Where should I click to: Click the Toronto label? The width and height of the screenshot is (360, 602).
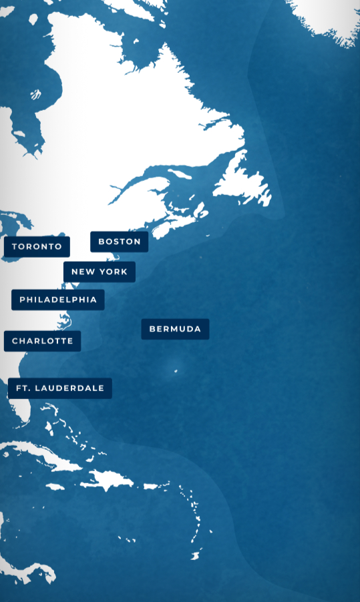coord(37,246)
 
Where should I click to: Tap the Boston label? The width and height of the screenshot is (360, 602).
coord(120,242)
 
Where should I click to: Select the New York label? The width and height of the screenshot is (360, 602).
coord(100,272)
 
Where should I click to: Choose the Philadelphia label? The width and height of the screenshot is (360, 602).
coord(58,300)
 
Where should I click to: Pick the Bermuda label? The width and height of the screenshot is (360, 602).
coord(175,329)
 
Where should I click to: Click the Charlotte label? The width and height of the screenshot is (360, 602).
coord(43,341)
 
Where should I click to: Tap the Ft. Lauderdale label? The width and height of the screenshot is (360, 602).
coord(60,388)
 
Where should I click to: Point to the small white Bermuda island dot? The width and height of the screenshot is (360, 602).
coord(176,370)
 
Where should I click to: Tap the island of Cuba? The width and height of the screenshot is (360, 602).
coord(47,458)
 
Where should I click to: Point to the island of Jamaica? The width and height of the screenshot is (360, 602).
coord(55,487)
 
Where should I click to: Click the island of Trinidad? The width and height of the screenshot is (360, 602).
coord(196,555)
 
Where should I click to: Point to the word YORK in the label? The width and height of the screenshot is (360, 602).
coord(114,272)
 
